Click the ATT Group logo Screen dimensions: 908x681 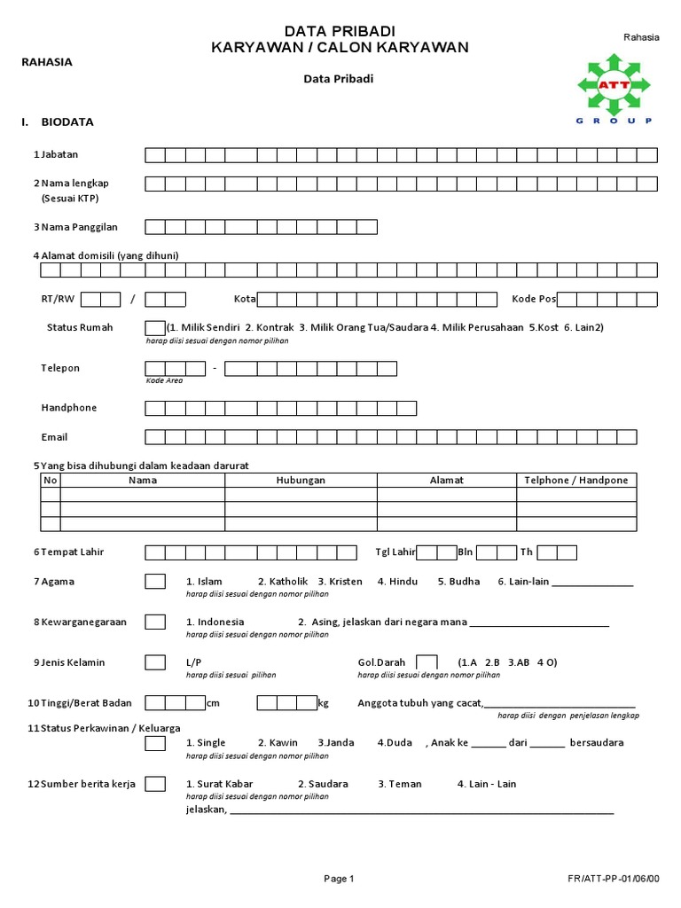(x=614, y=89)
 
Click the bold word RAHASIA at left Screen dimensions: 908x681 (x=47, y=62)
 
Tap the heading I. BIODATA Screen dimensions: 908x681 (x=58, y=122)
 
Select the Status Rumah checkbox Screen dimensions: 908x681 (x=154, y=327)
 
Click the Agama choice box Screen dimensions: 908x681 (x=155, y=582)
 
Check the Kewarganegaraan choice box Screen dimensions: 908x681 (x=155, y=622)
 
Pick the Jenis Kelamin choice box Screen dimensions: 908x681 (x=155, y=662)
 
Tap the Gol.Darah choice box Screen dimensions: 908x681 (x=427, y=662)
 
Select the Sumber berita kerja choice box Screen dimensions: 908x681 (x=155, y=784)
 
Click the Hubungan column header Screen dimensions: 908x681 (x=301, y=480)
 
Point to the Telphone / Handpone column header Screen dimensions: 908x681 (x=576, y=480)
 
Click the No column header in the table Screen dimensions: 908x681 (x=51, y=480)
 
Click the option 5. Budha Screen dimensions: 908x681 (x=458, y=582)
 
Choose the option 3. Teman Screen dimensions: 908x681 (x=400, y=784)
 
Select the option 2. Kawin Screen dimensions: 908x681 (x=278, y=743)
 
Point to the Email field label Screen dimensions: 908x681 (x=54, y=437)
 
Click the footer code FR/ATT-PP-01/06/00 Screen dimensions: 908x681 (x=614, y=880)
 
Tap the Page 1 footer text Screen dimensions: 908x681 (x=339, y=880)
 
